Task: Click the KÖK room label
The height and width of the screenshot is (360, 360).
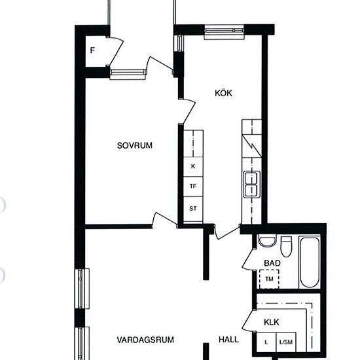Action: tap(223, 93)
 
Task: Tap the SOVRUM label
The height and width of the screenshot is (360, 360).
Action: tap(135, 145)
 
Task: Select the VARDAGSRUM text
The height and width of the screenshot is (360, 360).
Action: tap(145, 340)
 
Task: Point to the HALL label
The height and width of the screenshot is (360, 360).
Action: tap(228, 339)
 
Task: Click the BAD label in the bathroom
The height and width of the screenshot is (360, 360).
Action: tap(272, 263)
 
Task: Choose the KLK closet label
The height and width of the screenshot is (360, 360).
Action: tap(272, 322)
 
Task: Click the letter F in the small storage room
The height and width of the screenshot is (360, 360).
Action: tap(92, 50)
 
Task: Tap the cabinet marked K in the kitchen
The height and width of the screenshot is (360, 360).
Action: tap(193, 167)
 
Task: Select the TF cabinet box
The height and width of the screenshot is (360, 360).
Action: tap(193, 187)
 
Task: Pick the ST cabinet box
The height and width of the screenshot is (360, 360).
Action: tap(193, 209)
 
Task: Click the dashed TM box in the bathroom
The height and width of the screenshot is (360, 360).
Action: tap(269, 279)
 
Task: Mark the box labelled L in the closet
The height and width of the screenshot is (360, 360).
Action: tap(266, 342)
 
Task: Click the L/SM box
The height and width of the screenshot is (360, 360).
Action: tap(286, 342)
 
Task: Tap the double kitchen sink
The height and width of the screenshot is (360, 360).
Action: tap(252, 185)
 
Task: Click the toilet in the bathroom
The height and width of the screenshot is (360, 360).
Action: tap(286, 247)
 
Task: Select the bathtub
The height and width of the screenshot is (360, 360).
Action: tap(310, 262)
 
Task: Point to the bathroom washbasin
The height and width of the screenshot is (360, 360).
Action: tap(267, 240)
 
